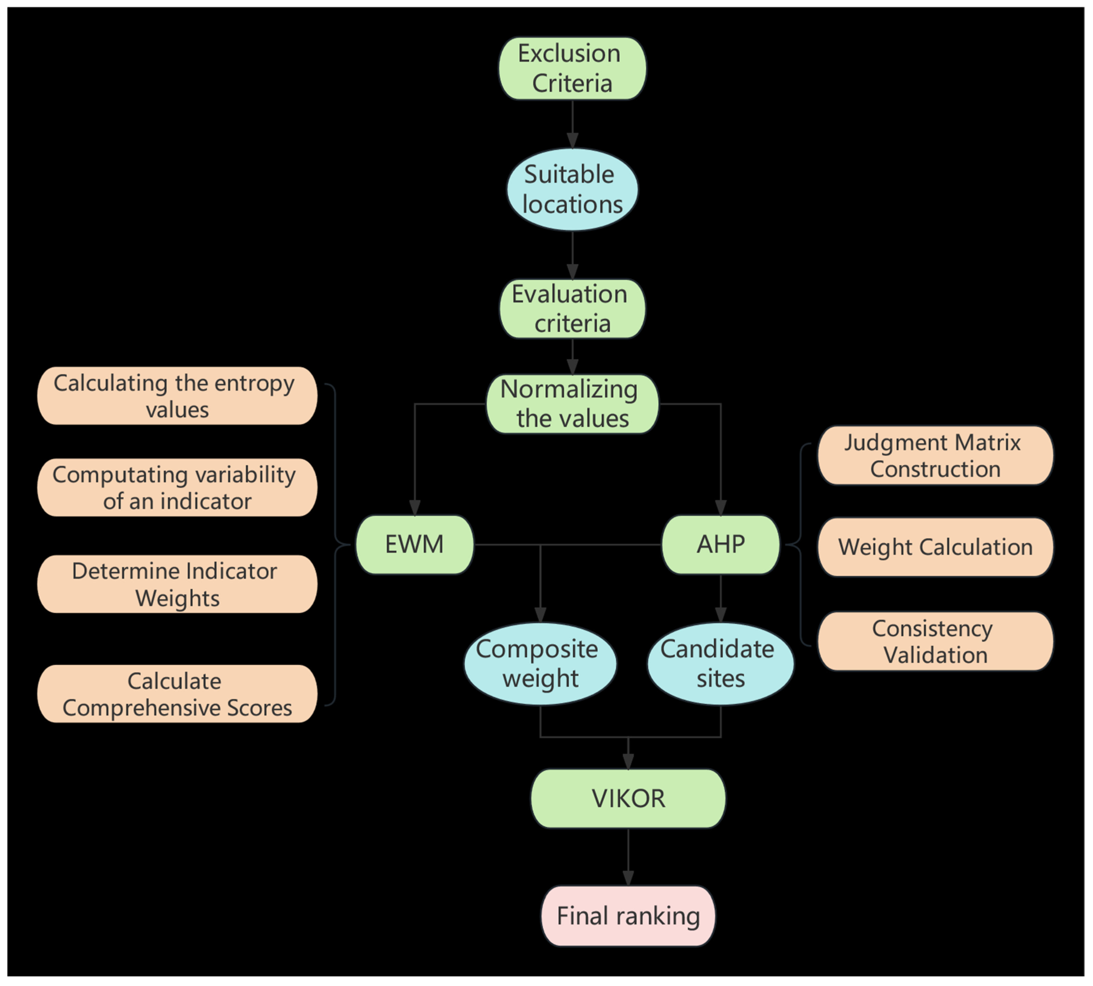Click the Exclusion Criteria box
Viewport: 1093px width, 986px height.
pos(572,68)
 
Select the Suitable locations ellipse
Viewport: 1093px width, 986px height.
pos(572,189)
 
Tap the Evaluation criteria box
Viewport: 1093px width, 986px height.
pos(572,309)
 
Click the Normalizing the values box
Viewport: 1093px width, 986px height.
pos(572,404)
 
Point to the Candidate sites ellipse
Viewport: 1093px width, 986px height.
pos(720,663)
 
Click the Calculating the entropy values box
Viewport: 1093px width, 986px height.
pos(177,396)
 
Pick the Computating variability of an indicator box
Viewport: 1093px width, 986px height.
pos(177,487)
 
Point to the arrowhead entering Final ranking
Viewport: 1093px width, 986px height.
pos(628,879)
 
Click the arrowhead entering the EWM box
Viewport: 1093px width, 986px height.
pos(414,508)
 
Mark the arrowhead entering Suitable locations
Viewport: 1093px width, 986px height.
pos(572,141)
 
